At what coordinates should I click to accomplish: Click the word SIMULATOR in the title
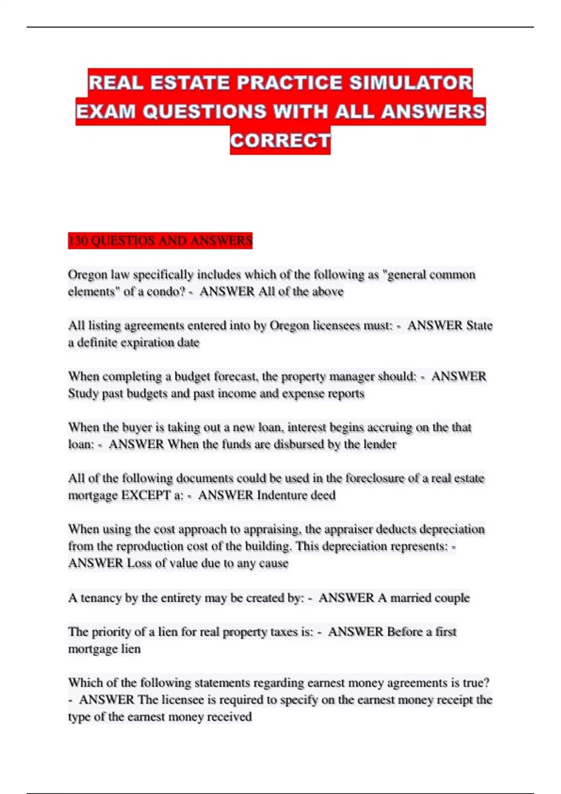point(411,83)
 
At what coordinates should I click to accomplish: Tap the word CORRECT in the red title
point(280,141)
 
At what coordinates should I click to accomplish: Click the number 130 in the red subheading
point(78,241)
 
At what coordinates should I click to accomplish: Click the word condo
point(166,291)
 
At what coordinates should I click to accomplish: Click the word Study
point(83,393)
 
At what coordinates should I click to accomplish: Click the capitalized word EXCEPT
point(146,495)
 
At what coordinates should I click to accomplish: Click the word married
point(411,598)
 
